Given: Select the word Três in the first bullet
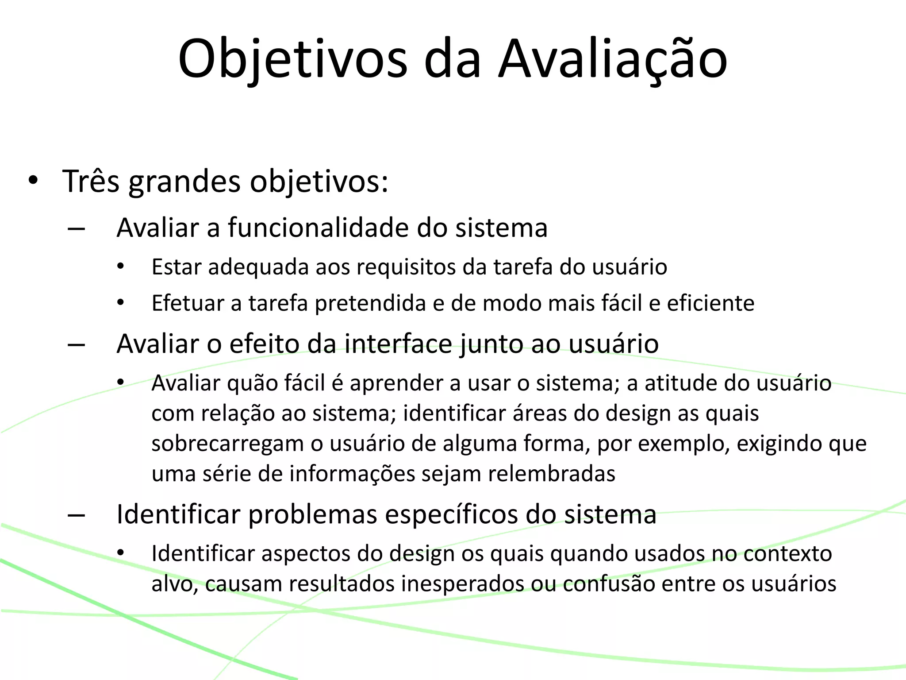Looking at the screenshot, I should point(91,181).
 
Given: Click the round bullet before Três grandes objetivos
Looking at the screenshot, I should point(33,181).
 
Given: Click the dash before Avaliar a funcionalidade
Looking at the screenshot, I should point(77,229).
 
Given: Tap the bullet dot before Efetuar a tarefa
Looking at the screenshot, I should point(121,304).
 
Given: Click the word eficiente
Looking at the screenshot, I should point(710,303).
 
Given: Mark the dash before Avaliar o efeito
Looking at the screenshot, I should point(77,345).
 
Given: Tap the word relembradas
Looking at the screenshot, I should point(552,474).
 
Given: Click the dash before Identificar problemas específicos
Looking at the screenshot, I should point(77,516).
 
